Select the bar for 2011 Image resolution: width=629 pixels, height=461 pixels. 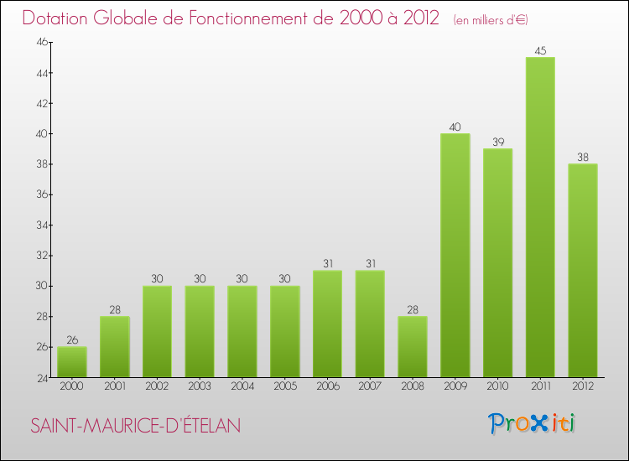point(540,217)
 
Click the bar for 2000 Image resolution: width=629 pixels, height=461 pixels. point(72,362)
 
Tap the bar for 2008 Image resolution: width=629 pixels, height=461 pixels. point(413,347)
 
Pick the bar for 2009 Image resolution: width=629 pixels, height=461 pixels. point(455,256)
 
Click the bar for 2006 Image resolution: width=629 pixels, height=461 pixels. point(327,324)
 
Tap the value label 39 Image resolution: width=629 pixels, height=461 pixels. point(498,142)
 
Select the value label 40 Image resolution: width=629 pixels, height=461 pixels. point(455,127)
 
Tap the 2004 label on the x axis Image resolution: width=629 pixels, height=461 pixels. point(242,386)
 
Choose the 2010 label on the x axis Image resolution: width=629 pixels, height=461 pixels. point(498,386)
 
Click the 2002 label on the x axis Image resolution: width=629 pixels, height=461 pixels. point(157,386)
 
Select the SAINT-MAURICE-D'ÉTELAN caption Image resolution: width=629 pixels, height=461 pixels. point(136,426)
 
